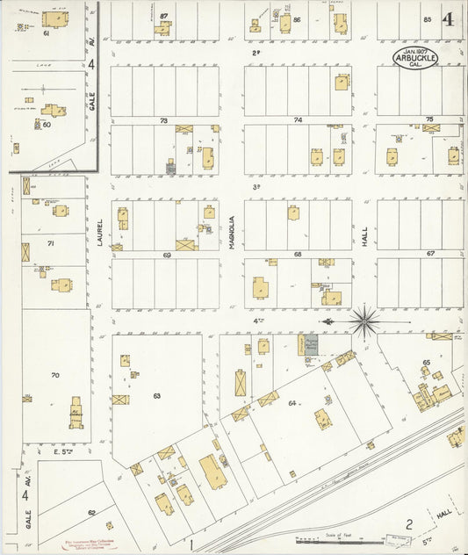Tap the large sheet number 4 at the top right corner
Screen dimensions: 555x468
tap(449, 19)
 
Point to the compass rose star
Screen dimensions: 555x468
tap(364, 321)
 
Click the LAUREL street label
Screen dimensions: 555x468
tap(101, 232)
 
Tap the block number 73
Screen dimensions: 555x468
tap(163, 120)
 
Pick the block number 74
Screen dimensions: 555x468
tap(298, 120)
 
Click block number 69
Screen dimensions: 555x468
tap(166, 255)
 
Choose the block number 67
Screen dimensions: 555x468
tap(430, 254)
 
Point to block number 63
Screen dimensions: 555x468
tap(156, 396)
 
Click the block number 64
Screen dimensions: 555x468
tap(292, 403)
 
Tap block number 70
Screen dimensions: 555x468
tap(54, 376)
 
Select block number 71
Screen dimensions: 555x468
tap(51, 243)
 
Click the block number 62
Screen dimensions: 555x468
tap(91, 513)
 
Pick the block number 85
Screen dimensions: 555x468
tap(428, 19)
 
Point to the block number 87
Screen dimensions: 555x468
tap(163, 18)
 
